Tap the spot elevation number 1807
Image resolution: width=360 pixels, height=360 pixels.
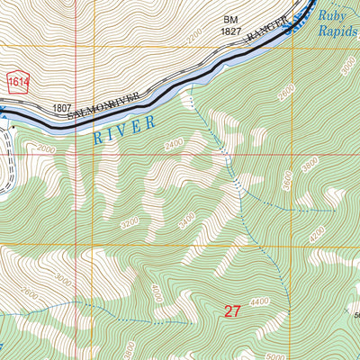pos(61,107)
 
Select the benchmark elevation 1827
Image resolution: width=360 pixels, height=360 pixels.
pos(232,31)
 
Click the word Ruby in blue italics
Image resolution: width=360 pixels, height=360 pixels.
pos(336,14)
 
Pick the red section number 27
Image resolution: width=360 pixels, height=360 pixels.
pos(233,311)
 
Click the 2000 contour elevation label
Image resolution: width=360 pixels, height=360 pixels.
pos(45,149)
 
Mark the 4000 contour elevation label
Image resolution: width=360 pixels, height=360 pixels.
pos(156,292)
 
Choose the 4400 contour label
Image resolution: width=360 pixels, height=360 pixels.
pos(261,301)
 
